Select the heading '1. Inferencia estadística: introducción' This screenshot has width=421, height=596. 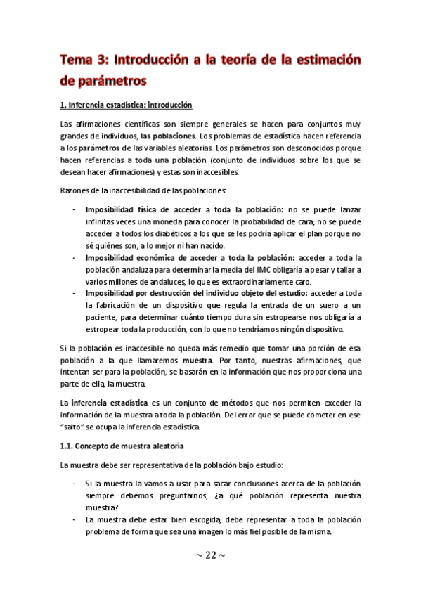(127, 105)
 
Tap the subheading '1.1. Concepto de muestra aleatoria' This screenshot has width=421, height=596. (122, 446)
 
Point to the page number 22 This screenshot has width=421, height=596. (211, 556)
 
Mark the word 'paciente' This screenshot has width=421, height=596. (102, 316)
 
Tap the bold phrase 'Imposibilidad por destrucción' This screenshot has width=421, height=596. (143, 292)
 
